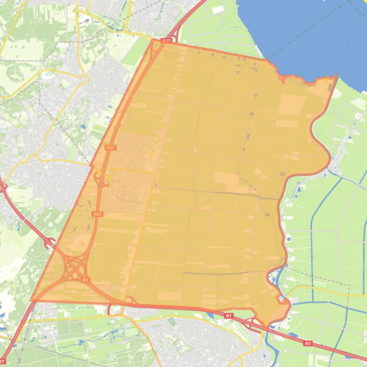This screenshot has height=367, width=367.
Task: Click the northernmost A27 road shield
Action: [x=166, y=41]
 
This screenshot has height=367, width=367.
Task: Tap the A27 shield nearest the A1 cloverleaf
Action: [x=97, y=214]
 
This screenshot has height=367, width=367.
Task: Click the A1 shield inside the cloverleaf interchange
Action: [x=86, y=279]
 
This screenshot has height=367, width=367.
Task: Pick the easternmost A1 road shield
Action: [x=308, y=343]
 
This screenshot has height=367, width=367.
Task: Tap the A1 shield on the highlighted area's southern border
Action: [x=228, y=316]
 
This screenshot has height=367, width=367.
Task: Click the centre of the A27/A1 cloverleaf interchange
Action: [x=73, y=269]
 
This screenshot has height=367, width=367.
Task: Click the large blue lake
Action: [x=305, y=33]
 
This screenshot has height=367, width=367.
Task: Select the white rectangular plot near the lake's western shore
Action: [x=217, y=10]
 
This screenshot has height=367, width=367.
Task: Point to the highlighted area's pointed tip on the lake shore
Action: [x=336, y=76]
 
